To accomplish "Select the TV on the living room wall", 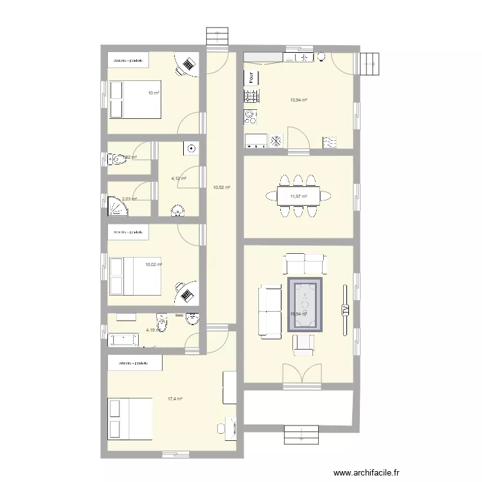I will click(344, 310).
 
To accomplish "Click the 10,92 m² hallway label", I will click(221, 188).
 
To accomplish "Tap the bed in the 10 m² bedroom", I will click(134, 99).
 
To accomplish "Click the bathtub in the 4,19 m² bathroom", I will click(125, 339).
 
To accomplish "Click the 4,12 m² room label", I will click(178, 179).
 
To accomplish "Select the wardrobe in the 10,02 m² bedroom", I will click(128, 231).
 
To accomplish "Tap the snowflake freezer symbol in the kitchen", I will click(276, 140).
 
